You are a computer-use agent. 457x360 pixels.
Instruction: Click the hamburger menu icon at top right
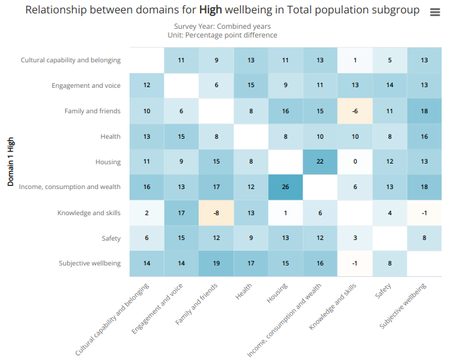(x=435, y=13)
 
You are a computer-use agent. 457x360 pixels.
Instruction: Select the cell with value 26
(x=285, y=187)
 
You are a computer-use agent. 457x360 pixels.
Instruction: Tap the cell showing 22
(x=320, y=162)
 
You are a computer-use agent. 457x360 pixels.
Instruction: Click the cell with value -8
(x=216, y=213)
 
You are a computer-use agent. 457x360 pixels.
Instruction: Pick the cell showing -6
(x=355, y=111)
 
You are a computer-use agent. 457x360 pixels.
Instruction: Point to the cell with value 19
(x=216, y=263)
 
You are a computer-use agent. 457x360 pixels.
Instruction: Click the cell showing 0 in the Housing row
(x=355, y=162)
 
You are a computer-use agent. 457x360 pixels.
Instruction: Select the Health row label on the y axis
(x=111, y=137)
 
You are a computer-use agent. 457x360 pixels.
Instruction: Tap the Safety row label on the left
(x=111, y=238)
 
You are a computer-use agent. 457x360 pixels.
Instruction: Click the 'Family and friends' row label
(x=93, y=111)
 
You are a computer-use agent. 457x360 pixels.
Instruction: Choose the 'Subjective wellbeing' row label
(x=89, y=263)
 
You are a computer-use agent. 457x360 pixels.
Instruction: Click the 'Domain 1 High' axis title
(x=11, y=162)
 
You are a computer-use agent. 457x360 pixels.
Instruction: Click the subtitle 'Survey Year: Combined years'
(x=222, y=26)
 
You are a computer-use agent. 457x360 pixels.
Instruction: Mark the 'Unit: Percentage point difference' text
(x=222, y=35)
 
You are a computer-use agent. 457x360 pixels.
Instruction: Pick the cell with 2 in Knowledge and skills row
(x=146, y=213)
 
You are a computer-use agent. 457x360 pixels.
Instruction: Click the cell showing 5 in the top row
(x=390, y=60)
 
